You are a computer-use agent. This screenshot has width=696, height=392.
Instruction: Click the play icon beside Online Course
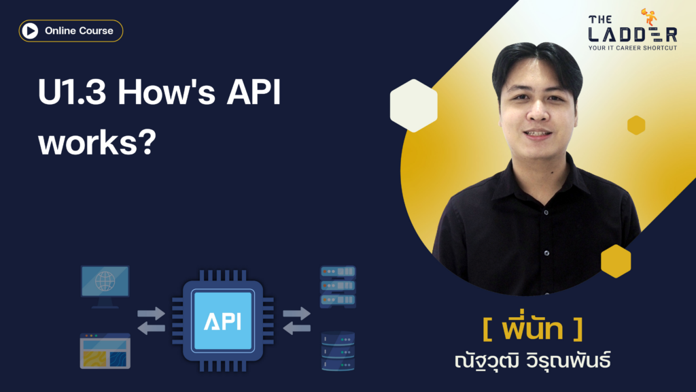click(x=30, y=31)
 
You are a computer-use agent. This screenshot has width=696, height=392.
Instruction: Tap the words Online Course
click(x=79, y=31)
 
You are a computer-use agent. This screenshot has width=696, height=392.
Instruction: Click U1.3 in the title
click(x=72, y=92)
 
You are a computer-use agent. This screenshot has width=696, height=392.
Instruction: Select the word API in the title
click(x=254, y=92)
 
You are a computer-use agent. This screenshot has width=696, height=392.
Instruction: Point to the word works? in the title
click(x=97, y=142)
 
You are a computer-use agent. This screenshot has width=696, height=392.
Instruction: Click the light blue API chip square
click(x=223, y=320)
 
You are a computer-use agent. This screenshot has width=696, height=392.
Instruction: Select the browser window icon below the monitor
click(x=105, y=350)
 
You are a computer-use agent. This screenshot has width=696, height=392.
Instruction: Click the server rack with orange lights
click(x=338, y=287)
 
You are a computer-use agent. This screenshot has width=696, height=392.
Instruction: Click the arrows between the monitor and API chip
click(x=151, y=321)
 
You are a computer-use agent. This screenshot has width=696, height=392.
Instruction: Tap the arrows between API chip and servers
click(x=296, y=321)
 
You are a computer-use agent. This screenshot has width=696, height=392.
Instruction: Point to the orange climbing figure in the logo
click(x=649, y=17)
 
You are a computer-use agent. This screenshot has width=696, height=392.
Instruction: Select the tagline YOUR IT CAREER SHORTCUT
click(x=633, y=48)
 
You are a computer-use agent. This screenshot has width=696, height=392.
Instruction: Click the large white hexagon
click(x=414, y=105)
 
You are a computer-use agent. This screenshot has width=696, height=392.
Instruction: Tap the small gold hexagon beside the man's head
click(x=636, y=125)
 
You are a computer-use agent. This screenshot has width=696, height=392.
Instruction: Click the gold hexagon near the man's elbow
click(x=616, y=261)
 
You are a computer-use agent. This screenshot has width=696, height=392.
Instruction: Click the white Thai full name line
click(x=533, y=361)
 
